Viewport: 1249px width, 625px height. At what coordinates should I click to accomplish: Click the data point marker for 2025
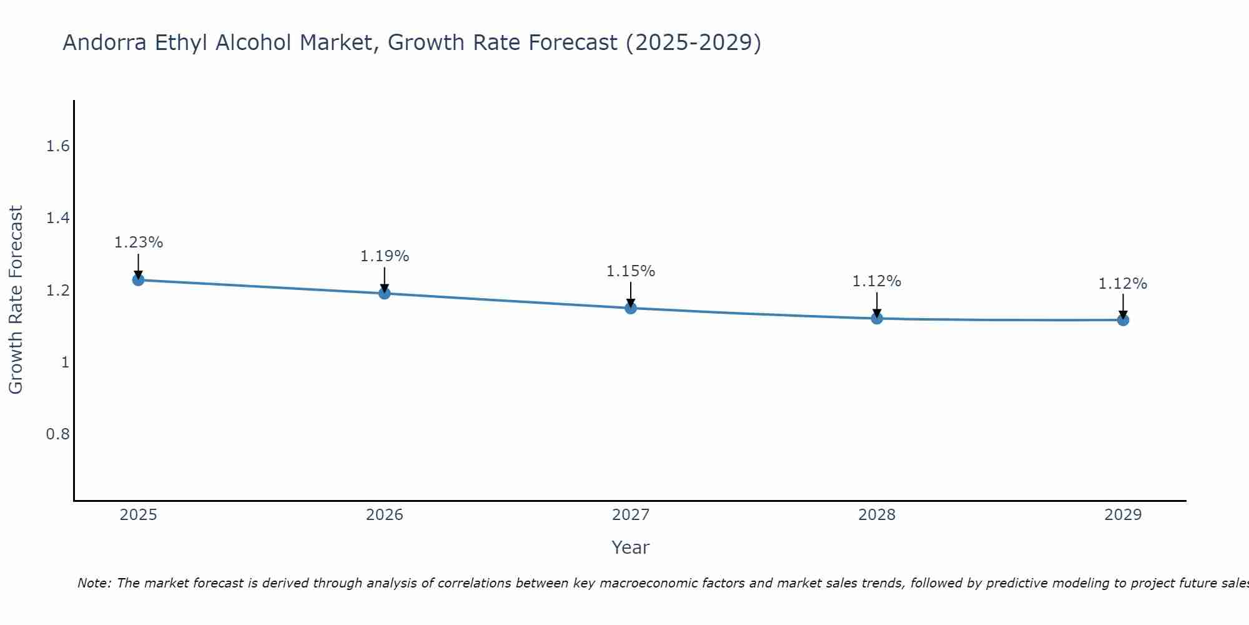(x=138, y=279)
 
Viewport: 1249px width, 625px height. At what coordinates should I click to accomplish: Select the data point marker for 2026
(x=385, y=293)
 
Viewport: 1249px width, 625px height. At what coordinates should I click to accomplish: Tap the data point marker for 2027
(x=631, y=307)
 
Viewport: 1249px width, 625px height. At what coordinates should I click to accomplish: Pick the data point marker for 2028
(x=877, y=318)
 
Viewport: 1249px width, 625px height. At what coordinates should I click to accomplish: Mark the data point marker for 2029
(x=1123, y=320)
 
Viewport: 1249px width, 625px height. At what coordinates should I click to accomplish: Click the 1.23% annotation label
(x=138, y=242)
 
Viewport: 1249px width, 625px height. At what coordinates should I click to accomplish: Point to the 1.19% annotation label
(x=385, y=256)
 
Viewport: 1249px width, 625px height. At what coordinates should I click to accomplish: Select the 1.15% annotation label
(x=631, y=271)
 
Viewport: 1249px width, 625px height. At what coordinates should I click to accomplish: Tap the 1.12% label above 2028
(x=877, y=281)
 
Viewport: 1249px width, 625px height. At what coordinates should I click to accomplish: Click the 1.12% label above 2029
(x=1123, y=284)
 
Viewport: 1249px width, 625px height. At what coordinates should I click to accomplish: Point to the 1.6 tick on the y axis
(x=57, y=146)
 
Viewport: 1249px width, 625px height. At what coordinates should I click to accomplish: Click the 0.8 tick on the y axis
(x=57, y=434)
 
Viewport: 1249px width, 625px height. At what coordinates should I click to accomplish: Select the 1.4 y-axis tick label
(x=57, y=218)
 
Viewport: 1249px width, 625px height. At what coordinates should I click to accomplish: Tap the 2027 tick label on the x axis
(x=631, y=515)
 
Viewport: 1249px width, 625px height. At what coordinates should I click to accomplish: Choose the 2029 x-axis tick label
(x=1123, y=515)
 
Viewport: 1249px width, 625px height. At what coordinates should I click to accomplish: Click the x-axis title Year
(x=631, y=547)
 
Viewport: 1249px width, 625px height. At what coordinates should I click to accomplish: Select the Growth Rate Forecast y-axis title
(x=16, y=300)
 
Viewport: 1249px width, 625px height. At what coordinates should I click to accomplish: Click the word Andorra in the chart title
(x=104, y=42)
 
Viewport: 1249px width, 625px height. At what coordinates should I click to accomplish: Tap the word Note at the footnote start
(x=94, y=583)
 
